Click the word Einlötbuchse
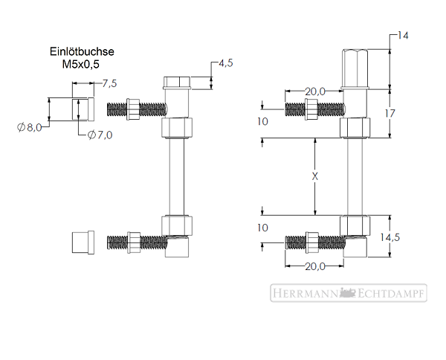click(82, 51)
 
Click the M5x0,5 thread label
click(81, 64)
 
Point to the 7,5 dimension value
click(109, 83)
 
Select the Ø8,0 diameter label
click(30, 127)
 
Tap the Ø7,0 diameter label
click(100, 135)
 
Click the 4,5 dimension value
click(226, 63)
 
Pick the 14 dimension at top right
click(402, 36)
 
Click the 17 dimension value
click(390, 114)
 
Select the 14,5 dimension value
click(390, 237)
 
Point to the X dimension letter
click(315, 176)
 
